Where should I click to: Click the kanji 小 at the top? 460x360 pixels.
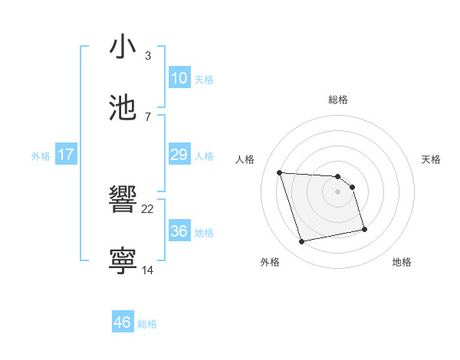123,47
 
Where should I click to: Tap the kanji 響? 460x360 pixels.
123,201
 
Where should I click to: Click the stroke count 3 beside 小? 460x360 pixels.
147,56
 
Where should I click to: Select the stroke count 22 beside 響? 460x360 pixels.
148,209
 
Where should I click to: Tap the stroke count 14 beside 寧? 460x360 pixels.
148,269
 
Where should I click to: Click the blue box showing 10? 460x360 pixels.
179,77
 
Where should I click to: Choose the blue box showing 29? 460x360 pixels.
179,155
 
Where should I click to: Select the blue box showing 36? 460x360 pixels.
179,231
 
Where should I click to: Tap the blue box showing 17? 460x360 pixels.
66,155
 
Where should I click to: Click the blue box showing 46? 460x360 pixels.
123,322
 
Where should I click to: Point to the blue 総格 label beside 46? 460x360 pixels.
147,324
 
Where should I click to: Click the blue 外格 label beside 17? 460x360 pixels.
41,155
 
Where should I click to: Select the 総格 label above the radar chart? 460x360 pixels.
337,100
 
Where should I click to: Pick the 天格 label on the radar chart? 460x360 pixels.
432,159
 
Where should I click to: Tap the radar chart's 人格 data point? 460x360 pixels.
280,172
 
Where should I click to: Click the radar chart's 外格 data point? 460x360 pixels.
302,242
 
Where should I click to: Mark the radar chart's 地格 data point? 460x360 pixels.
364,228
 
